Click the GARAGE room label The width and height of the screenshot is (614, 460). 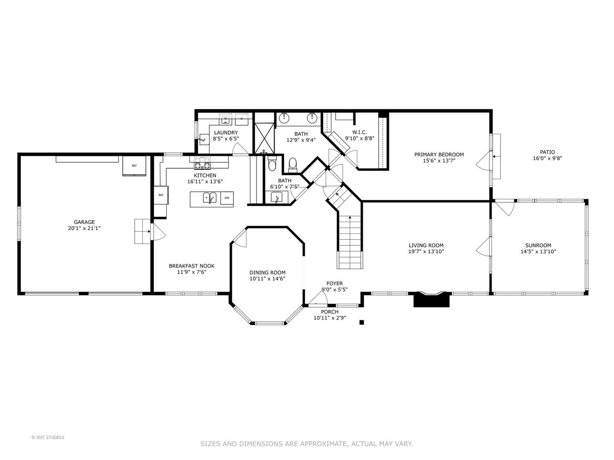tap(84, 222)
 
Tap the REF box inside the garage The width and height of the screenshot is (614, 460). tap(134, 166)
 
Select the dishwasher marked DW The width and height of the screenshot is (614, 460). tap(227, 198)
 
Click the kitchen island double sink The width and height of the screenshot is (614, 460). tap(209, 198)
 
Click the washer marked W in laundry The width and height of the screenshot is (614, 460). tap(226, 119)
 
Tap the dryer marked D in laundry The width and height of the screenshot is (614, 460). tap(241, 119)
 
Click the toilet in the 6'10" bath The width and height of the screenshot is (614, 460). tap(272, 164)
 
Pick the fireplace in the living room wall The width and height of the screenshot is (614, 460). tap(432, 299)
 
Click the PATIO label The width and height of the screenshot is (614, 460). tap(547, 152)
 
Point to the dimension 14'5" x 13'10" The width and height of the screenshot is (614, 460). tap(538, 252)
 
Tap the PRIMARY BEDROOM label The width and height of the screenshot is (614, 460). tap(439, 155)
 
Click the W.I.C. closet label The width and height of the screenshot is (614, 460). tap(359, 132)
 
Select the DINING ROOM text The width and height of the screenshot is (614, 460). tap(267, 273)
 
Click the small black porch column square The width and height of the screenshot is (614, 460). tap(362, 322)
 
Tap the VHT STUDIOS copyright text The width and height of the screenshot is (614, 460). tap(48, 437)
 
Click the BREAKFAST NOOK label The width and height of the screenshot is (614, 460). tap(191, 266)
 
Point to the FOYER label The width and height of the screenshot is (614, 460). tap(334, 284)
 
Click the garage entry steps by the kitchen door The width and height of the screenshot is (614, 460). tap(142, 231)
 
